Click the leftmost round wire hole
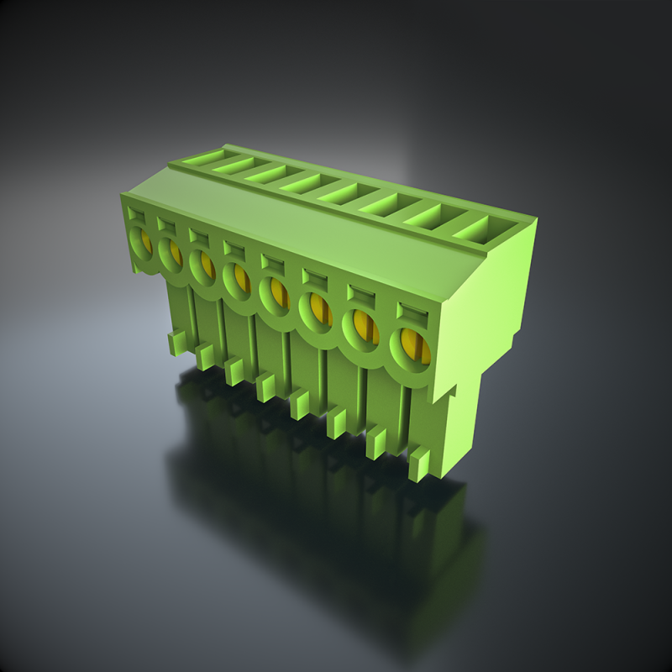(x=140, y=244)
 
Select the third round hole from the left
(x=202, y=265)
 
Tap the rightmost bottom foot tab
(x=419, y=464)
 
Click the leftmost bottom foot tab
(x=177, y=342)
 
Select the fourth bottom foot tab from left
(x=265, y=386)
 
